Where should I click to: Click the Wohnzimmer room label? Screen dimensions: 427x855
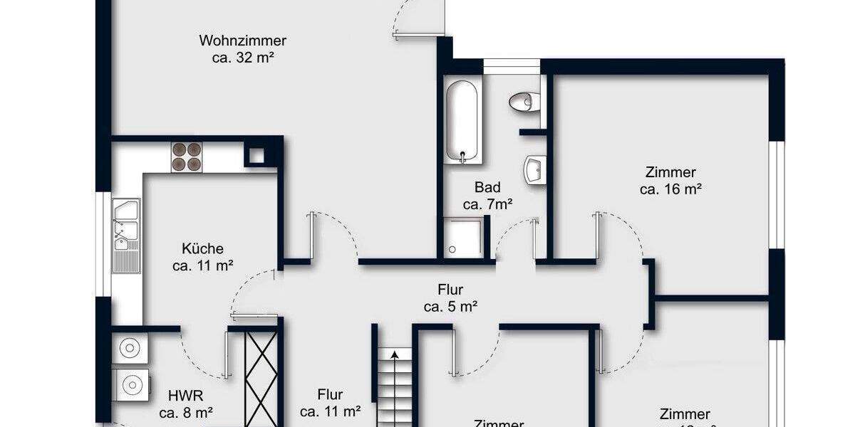coord(243,41)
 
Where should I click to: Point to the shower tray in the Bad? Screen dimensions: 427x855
coord(464,238)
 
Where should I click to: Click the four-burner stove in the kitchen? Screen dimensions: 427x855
coord(187,157)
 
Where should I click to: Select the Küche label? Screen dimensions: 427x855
coord(203,249)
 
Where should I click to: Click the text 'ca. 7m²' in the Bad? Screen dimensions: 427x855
coord(488,204)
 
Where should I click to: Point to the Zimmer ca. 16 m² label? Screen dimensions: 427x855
coord(670,181)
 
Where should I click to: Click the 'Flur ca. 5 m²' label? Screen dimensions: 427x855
coord(450,298)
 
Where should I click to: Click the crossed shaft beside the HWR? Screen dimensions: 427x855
coord(261,377)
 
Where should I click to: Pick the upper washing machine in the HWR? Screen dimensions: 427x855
coord(129,348)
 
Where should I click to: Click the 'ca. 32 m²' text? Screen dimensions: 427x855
coord(243,58)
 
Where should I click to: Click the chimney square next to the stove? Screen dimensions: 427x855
coord(256,154)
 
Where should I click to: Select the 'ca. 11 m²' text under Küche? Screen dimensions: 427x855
coord(203,266)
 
